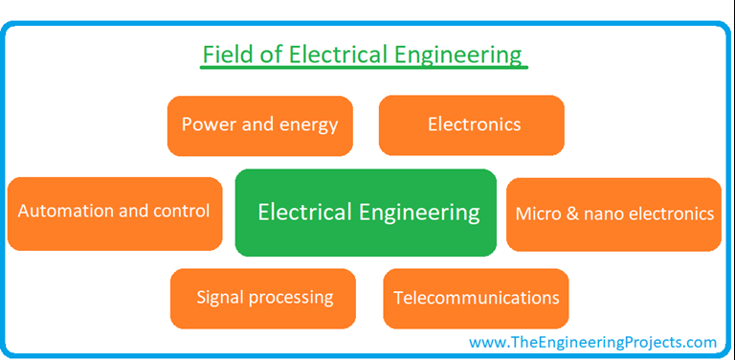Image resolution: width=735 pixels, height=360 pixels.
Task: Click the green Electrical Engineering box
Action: pos(366,213)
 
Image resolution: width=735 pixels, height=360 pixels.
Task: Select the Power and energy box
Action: pos(259,124)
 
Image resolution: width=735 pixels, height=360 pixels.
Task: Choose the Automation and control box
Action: pos(114,213)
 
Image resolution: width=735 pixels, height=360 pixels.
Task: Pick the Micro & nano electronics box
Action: pos(613,214)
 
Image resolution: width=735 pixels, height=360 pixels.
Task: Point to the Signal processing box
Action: pos(263,298)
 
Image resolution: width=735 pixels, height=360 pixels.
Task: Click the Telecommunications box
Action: pos(476,298)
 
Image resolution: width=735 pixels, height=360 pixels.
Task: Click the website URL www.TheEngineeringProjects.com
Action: pos(592,342)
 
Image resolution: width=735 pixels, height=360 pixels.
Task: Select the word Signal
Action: pos(220,298)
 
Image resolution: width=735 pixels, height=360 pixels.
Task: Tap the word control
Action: pos(180,211)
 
